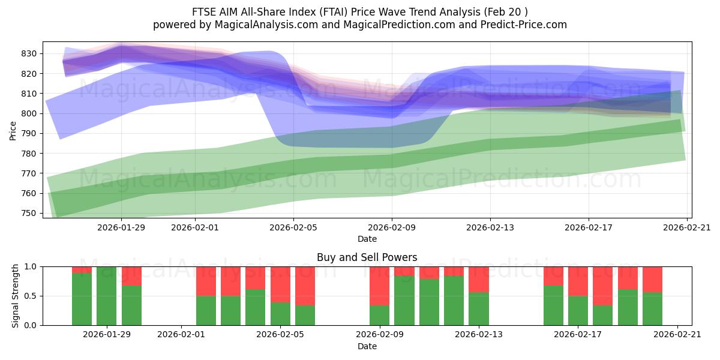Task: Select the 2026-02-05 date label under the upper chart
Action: click(293, 227)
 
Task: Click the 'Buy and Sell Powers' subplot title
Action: click(367, 257)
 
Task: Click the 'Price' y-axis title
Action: click(13, 130)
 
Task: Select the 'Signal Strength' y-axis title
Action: click(16, 296)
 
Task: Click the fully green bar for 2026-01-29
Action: click(107, 296)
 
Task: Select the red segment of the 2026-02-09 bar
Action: click(379, 286)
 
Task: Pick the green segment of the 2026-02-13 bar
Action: click(479, 308)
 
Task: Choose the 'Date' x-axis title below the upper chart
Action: click(367, 239)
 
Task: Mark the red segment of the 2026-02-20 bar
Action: click(652, 279)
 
